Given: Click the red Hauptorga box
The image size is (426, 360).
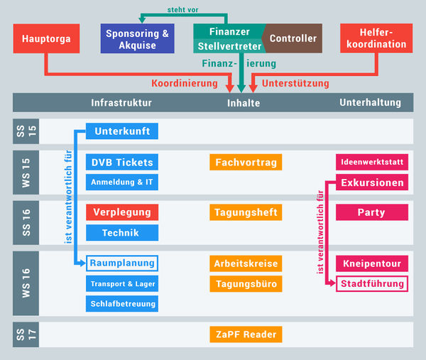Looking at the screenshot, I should tap(46, 38).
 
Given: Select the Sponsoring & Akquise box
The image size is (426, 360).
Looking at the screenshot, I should tap(138, 38).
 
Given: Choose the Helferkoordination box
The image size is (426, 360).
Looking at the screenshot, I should tap(376, 38).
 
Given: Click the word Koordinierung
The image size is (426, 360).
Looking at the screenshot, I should tap(184, 83).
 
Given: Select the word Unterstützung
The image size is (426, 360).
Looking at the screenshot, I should tap(295, 83).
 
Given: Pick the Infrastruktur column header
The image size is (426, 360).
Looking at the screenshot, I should tap(121, 103).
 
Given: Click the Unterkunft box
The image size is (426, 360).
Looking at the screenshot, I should tap(121, 131).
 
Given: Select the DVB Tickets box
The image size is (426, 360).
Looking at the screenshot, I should tap(121, 162).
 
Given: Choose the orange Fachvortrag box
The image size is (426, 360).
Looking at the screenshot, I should tap(245, 162).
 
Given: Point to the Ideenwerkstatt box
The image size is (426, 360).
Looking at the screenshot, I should tap(371, 162).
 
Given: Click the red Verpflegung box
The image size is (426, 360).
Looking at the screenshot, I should tap(121, 212).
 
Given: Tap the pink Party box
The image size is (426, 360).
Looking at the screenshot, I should tap(371, 212).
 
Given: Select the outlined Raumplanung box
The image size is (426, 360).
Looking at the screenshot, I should tap(121, 263).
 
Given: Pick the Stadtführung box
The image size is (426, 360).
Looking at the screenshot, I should tap(371, 284).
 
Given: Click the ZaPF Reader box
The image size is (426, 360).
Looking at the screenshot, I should tap(245, 334).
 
